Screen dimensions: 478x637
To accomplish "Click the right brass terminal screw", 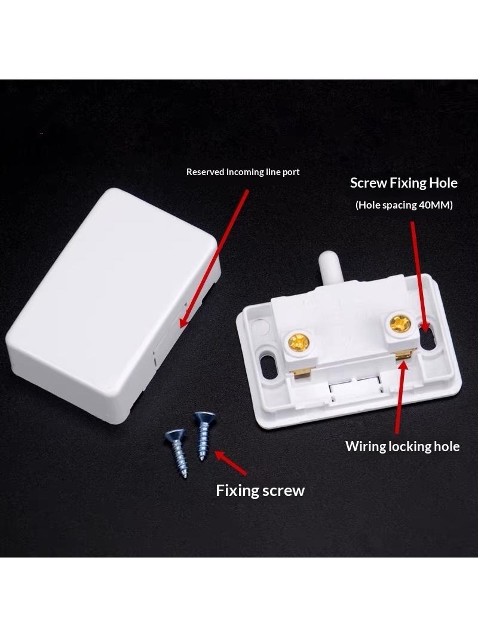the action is point(400,323).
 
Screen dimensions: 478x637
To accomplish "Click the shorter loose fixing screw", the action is point(177,452).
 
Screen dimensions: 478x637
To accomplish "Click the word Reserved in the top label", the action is point(205,172).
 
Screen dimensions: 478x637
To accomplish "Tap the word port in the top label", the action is point(291,173).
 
